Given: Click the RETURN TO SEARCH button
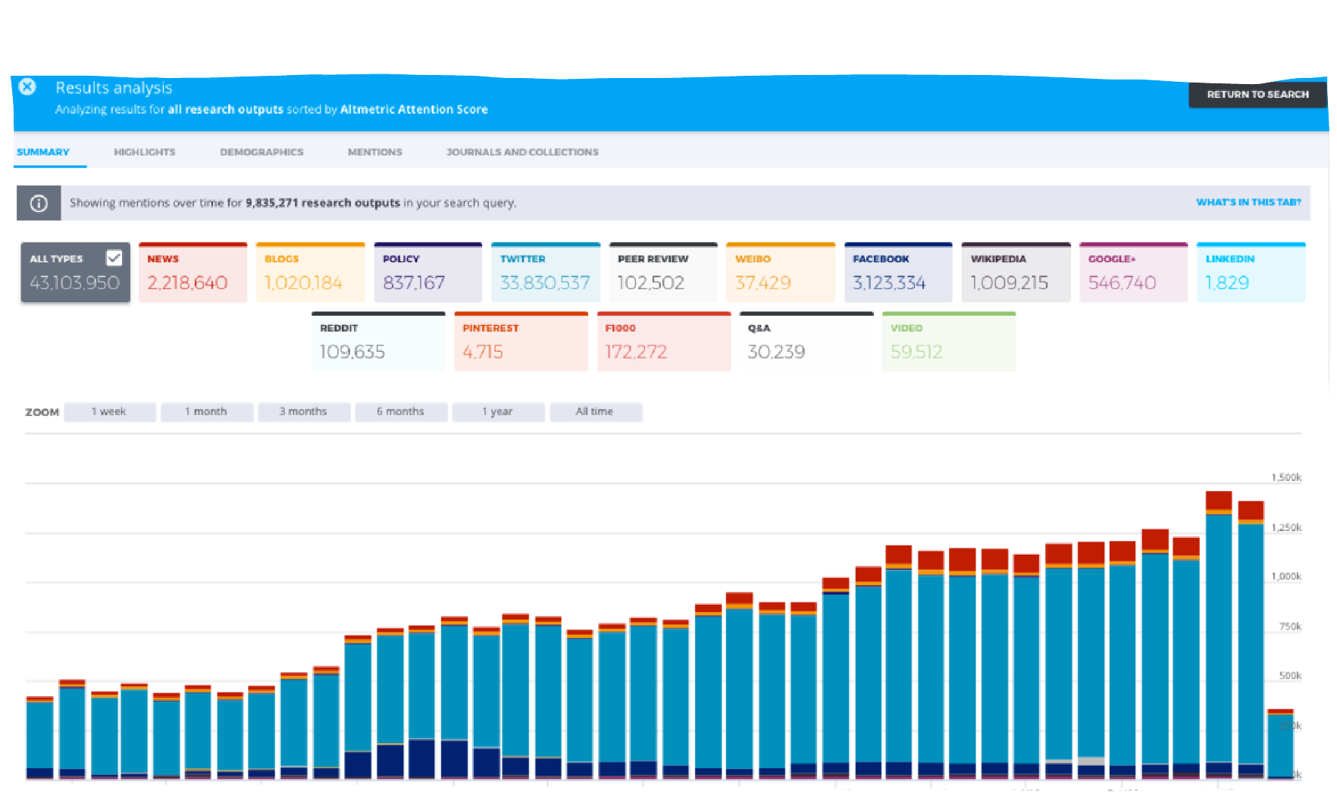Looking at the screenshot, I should click(1257, 95).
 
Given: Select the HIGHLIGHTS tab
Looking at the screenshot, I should click(144, 152).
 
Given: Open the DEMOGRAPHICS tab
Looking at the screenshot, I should click(261, 152).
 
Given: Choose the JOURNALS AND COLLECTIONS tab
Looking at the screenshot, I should click(522, 152).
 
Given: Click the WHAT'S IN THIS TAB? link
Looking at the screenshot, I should click(1248, 202).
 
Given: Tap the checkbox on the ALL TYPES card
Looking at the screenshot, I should click(114, 258).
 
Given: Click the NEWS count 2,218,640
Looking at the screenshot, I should click(187, 283).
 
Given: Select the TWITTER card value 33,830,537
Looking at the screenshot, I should click(544, 283).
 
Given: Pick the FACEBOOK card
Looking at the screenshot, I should click(897, 273).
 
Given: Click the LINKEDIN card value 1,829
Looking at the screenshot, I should click(1226, 283).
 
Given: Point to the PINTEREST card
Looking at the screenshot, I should click(521, 342).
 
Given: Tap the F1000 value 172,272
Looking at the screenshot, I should click(635, 352).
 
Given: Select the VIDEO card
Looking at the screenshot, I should click(948, 342).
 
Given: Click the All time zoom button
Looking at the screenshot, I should click(595, 411).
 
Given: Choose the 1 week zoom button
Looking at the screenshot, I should click(109, 411).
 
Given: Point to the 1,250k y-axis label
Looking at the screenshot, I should click(1285, 527).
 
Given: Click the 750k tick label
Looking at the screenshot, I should click(1289, 627).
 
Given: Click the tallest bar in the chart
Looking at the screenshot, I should click(1218, 636).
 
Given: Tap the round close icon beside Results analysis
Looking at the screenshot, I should click(27, 86).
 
